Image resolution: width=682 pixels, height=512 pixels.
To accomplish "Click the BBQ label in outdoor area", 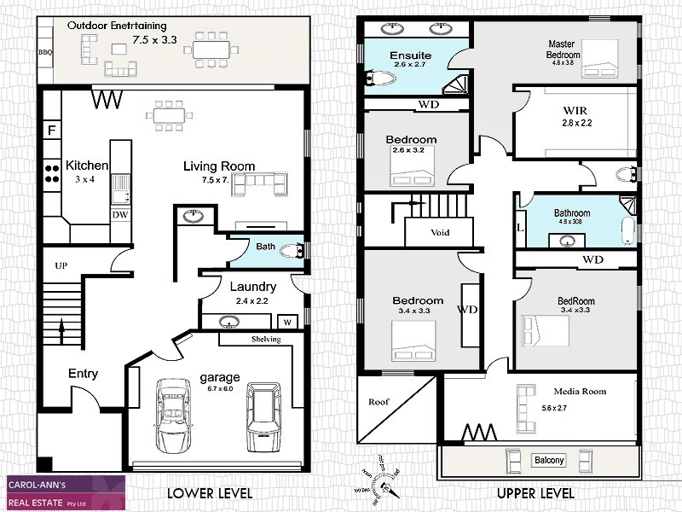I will coord(45,52).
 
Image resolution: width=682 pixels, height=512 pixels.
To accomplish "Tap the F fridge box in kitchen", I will coord(51,131).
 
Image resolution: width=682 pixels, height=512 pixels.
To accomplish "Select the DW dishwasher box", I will coord(120,215).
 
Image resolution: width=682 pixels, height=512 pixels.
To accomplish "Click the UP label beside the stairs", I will coord(61,266).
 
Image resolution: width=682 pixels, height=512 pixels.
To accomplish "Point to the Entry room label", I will coord(83,374).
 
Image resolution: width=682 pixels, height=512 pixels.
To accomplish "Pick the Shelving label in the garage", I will coord(266,339).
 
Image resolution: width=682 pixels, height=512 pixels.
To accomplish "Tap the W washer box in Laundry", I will coord(286,323).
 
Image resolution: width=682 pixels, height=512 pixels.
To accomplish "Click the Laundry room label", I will coord(252,287).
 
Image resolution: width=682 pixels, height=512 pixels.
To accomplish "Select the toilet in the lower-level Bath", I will coord(292,250).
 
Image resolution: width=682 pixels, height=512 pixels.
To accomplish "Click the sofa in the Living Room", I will coord(261,183).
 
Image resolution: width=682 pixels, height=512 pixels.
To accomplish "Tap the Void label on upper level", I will coord(440,232).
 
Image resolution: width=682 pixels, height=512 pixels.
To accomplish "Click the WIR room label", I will coord(575,111).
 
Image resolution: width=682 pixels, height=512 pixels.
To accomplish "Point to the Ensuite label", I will coord(412,56).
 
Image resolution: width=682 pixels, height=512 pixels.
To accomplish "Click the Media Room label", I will coord(581,391).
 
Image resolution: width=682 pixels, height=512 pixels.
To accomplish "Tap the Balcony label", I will coord(549,461).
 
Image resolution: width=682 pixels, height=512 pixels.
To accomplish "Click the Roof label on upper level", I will coord(378,401).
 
